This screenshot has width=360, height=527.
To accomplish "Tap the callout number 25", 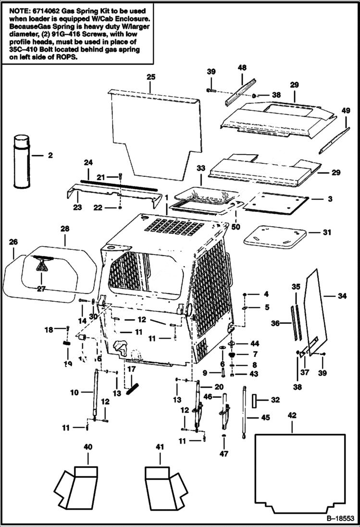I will click(151, 77).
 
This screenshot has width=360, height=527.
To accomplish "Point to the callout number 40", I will click(88, 447).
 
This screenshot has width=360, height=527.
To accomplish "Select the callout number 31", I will click(327, 232).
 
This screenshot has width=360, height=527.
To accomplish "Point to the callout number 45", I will click(265, 417).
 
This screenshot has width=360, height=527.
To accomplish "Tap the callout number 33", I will click(201, 169).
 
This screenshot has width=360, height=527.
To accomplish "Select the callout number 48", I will click(242, 68).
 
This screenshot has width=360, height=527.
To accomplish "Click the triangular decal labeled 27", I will click(41, 264).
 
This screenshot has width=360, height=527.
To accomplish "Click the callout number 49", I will click(346, 110).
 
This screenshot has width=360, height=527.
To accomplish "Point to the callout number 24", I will click(88, 163).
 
